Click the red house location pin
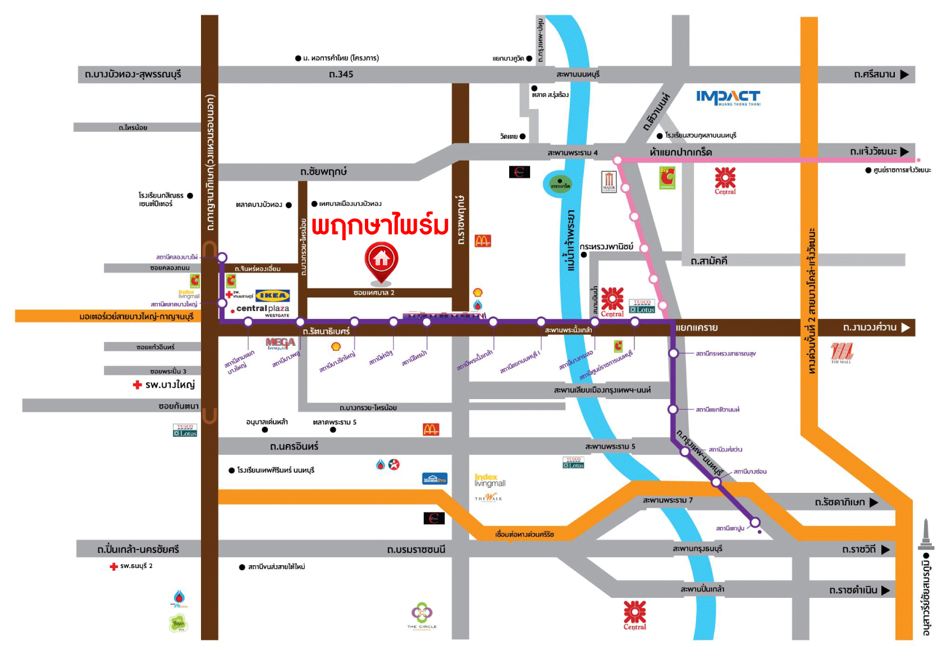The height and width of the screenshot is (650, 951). [x=381, y=262]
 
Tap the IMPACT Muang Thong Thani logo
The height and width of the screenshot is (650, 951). [x=728, y=98]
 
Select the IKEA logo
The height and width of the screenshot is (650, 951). [x=272, y=295]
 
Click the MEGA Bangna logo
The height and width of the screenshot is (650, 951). [x=280, y=343]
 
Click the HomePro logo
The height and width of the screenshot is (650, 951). [x=435, y=479]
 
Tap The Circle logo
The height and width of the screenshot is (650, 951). [x=422, y=615]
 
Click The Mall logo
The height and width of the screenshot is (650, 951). [x=841, y=353]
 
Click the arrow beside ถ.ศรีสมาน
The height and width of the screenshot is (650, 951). [x=904, y=75]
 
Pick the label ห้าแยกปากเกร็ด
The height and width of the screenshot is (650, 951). [x=680, y=152]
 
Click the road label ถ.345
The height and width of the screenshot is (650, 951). [x=341, y=74]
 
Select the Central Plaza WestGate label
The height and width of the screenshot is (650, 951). [x=263, y=310]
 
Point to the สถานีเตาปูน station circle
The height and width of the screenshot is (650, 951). [x=755, y=523]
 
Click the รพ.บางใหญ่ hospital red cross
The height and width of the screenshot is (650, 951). [x=137, y=385]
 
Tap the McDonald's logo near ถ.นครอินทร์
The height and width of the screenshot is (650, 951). [x=431, y=429]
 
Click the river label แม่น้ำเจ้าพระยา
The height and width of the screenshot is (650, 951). [x=571, y=240]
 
